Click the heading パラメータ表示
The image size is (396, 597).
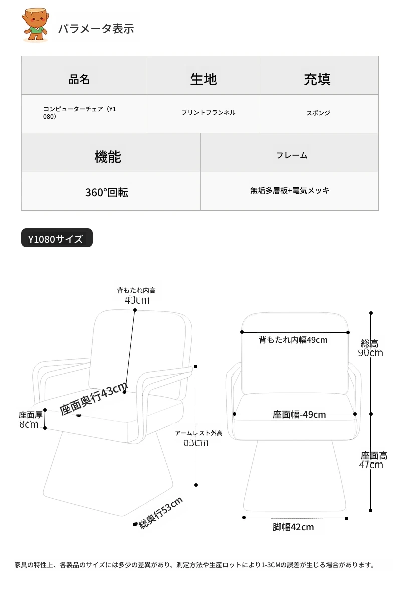click(96, 28)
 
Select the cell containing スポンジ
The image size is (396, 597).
click(318, 113)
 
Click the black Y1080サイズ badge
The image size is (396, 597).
click(57, 239)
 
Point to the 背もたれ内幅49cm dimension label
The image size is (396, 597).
click(293, 340)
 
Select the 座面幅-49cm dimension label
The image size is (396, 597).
click(299, 414)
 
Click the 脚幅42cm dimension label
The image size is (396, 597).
click(293, 527)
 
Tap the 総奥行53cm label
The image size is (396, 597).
click(161, 513)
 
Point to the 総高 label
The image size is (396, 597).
click(370, 344)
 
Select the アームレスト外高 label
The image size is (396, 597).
click(199, 433)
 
